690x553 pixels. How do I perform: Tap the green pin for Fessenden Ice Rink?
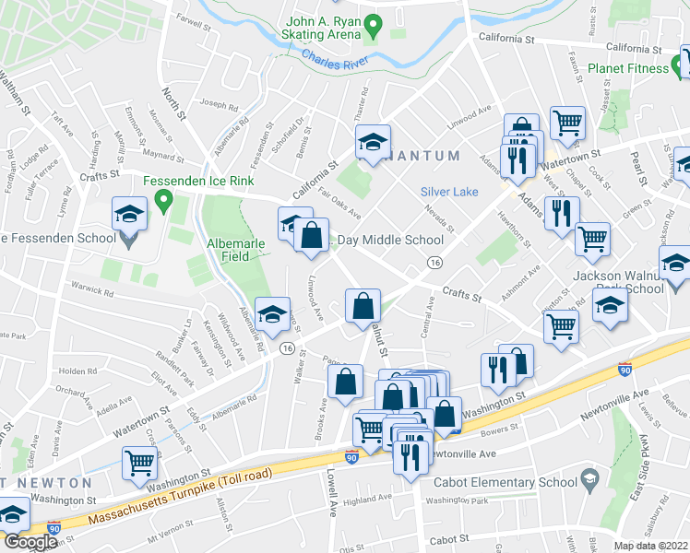[x=164, y=198]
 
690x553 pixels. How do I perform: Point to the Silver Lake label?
[x=449, y=192]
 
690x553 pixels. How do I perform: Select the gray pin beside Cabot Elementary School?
[x=589, y=480]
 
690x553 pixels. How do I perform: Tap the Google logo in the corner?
[x=30, y=542]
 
